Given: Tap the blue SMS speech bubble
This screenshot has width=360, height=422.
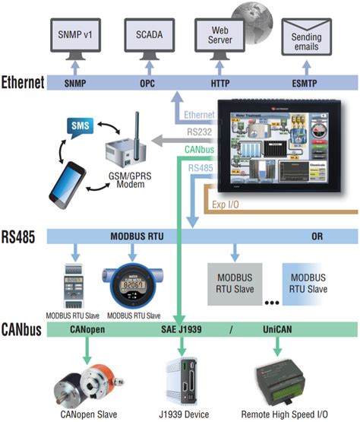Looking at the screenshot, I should click(78, 125).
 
